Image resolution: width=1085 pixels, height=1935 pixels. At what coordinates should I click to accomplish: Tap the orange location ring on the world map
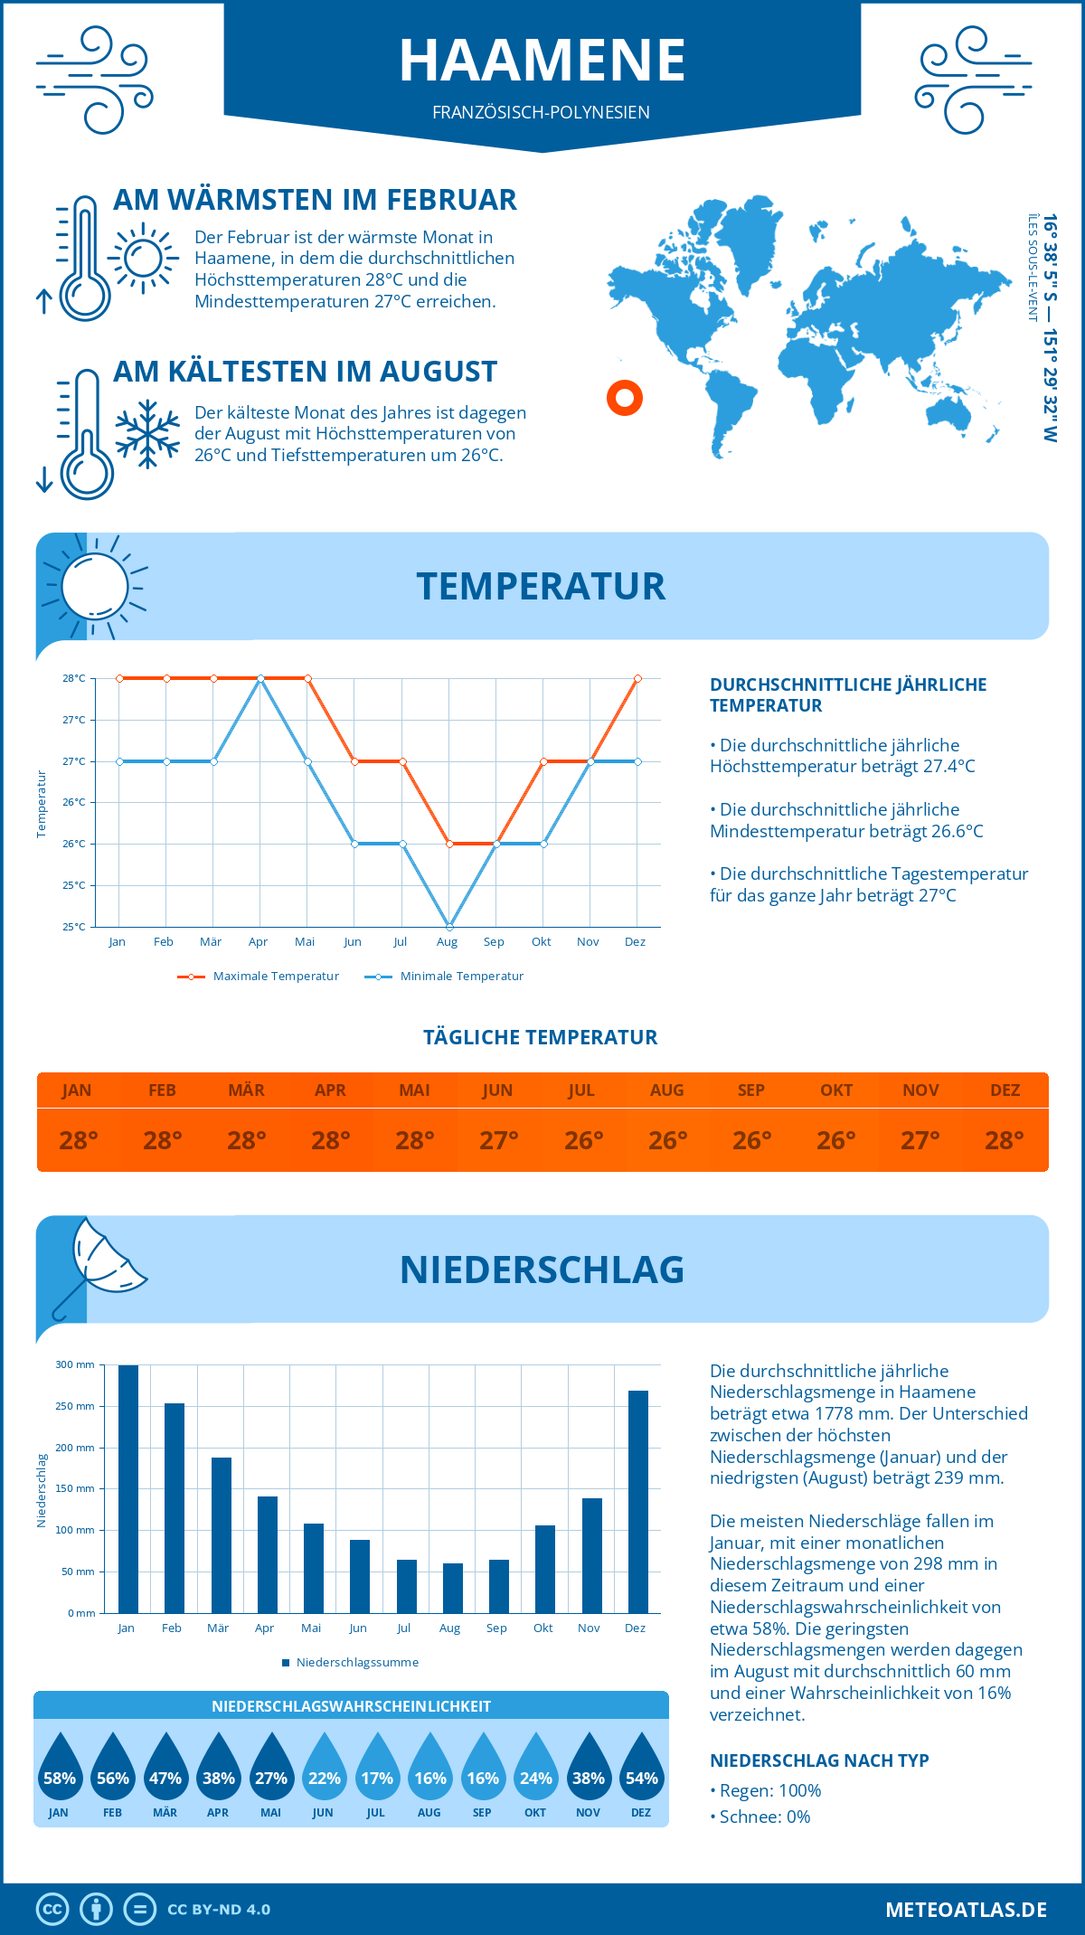coord(625,397)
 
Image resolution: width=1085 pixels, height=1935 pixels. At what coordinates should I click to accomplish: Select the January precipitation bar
coord(128,1488)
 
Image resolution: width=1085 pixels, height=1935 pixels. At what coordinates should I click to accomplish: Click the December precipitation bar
coord(638,1501)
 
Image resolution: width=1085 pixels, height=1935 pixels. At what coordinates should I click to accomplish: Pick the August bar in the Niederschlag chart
coord(452,1588)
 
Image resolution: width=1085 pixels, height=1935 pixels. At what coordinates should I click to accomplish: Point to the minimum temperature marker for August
coord(449,926)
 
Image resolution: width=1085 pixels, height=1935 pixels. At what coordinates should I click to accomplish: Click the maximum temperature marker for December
coord(637,678)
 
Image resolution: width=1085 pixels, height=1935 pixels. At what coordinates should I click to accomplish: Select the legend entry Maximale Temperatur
coord(259,976)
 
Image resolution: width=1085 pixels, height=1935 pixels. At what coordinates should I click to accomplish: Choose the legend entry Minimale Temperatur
coord(445,976)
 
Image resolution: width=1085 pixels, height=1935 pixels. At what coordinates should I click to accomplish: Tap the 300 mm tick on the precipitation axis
coord(75,1364)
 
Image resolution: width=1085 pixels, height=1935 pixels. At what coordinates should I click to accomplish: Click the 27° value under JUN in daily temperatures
coord(498,1140)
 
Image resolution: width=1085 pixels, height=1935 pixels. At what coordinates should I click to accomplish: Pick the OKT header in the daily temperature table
coord(835,1090)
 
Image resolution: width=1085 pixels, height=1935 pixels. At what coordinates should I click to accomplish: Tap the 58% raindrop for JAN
coord(60,1769)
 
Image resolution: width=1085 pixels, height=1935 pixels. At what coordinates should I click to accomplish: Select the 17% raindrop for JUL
coord(377,1769)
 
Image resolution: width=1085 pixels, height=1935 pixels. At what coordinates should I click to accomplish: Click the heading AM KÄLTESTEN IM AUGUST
coord(305,372)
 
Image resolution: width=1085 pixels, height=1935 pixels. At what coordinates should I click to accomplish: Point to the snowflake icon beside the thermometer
coord(147,434)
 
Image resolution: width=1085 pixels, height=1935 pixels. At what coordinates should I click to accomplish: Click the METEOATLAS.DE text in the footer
coord(966,1910)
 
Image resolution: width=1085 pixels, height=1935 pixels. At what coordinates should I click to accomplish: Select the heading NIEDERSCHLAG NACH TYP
coord(819,1760)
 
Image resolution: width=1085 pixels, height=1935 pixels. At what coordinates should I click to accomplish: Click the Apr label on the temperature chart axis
coord(258,941)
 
